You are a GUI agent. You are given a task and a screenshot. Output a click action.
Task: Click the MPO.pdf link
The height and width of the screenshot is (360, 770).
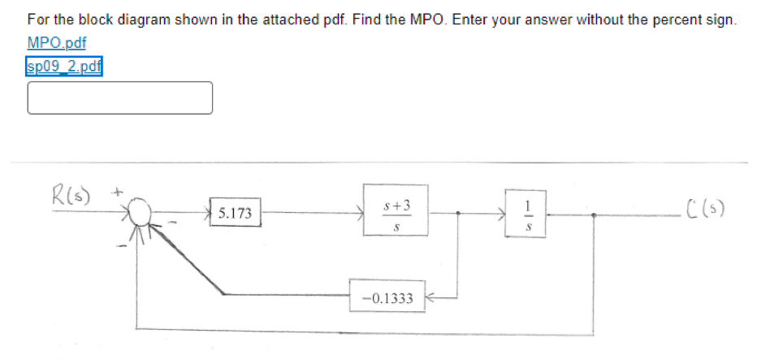(56, 42)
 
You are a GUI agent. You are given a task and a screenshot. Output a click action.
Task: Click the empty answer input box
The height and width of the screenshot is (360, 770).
(120, 98)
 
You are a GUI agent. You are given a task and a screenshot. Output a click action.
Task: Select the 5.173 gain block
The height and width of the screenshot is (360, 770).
(235, 214)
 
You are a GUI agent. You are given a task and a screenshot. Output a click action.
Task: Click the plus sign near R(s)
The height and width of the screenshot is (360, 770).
(116, 193)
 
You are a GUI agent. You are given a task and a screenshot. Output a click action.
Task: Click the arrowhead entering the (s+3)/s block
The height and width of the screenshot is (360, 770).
(360, 215)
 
